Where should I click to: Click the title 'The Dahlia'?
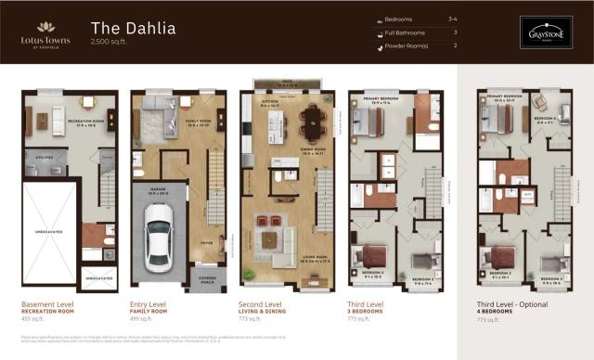click(x=133, y=27)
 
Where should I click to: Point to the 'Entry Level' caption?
click(x=148, y=303)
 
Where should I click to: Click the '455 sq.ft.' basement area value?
click(x=33, y=317)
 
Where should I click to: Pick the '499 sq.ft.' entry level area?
click(x=142, y=317)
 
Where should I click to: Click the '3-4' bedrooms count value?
click(x=453, y=19)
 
